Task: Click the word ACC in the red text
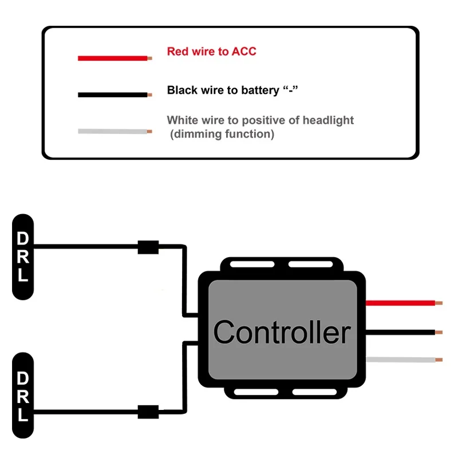[244, 52]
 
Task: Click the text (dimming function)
[222, 135]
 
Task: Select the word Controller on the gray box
[282, 332]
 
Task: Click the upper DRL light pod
[23, 256]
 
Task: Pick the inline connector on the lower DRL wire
[148, 411]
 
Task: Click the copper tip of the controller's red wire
[439, 302]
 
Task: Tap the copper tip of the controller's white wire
[439, 360]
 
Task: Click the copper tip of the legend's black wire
[150, 95]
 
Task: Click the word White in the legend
[182, 120]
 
